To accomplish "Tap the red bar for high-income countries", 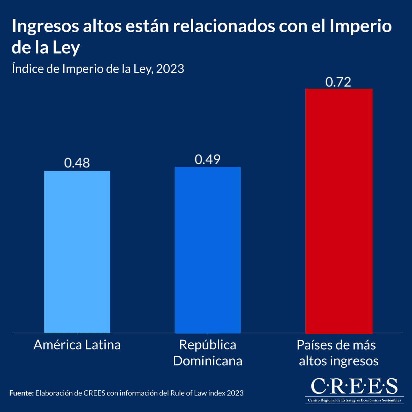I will click(339, 211).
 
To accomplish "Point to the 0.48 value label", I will click(77, 163).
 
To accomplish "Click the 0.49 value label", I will click(208, 159).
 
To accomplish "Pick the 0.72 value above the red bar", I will click(338, 82).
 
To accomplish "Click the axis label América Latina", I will click(77, 345).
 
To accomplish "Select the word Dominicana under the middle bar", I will click(208, 361).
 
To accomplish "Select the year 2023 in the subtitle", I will click(170, 69).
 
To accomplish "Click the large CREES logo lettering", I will click(354, 386).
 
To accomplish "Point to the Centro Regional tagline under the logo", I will click(354, 400).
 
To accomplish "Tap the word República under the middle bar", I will click(208, 345).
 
